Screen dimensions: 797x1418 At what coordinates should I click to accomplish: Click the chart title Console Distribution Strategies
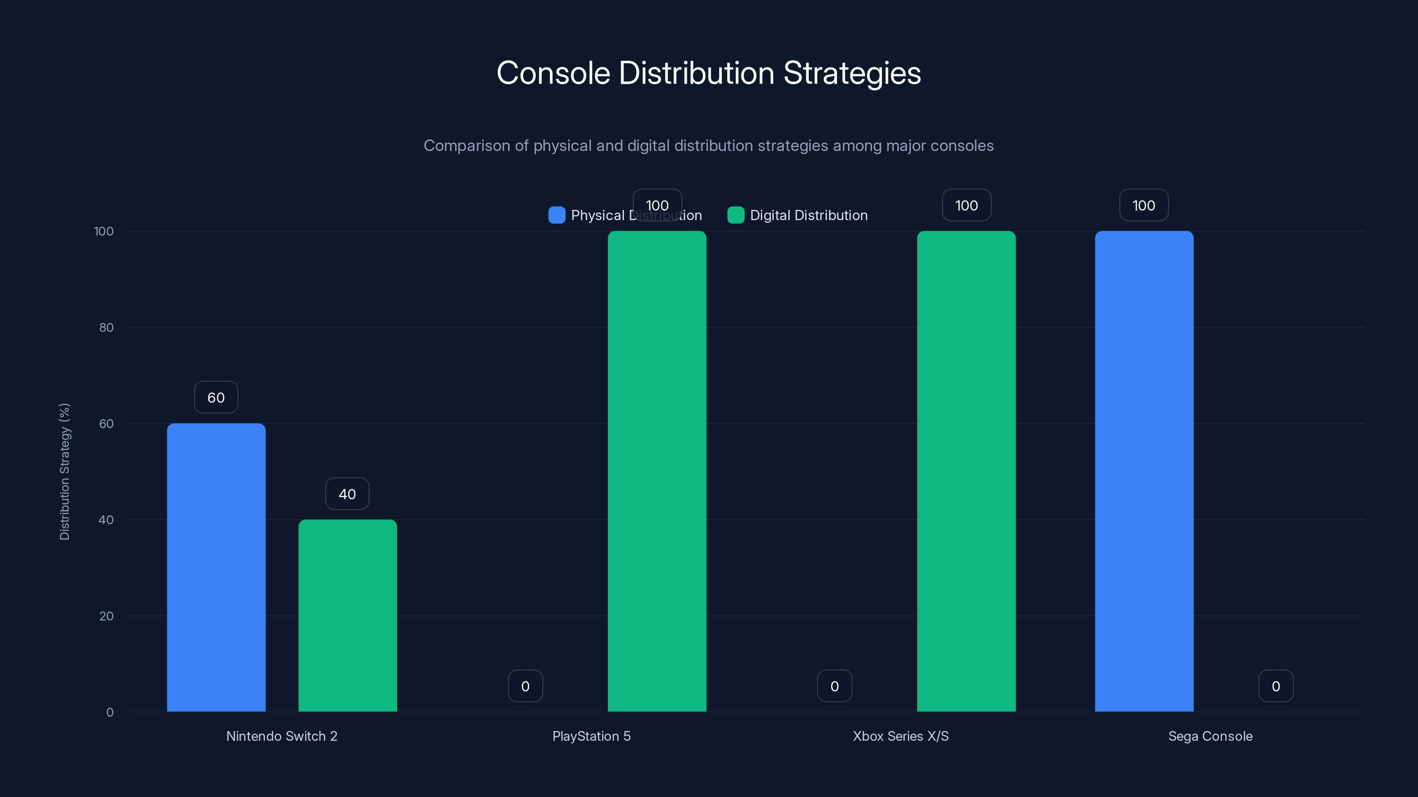coord(709,73)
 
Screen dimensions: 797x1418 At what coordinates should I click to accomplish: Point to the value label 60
coord(216,397)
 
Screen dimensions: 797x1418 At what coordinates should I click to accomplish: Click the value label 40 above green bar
coord(347,494)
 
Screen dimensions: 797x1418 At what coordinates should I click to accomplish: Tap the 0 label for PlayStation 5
coord(525,686)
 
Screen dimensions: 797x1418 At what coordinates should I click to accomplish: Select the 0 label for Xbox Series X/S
coord(834,686)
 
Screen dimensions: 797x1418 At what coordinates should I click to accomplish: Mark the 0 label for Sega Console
coord(1275,686)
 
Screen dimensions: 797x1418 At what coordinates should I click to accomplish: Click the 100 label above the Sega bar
coord(1144,205)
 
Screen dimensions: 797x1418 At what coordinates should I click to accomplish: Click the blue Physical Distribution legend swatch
coord(557,215)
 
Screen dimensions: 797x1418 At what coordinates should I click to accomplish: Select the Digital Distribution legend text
coord(808,215)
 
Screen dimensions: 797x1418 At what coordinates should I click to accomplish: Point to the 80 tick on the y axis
coord(106,327)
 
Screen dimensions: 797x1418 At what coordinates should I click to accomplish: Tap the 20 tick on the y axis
coord(106,616)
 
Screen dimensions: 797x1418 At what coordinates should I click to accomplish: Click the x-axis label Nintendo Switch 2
coord(282,736)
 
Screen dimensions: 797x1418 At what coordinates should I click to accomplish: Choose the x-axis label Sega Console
coord(1210,736)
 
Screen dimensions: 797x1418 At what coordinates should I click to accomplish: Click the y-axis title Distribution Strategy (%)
coord(64,472)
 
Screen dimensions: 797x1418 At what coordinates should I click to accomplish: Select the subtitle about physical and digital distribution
coord(709,146)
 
